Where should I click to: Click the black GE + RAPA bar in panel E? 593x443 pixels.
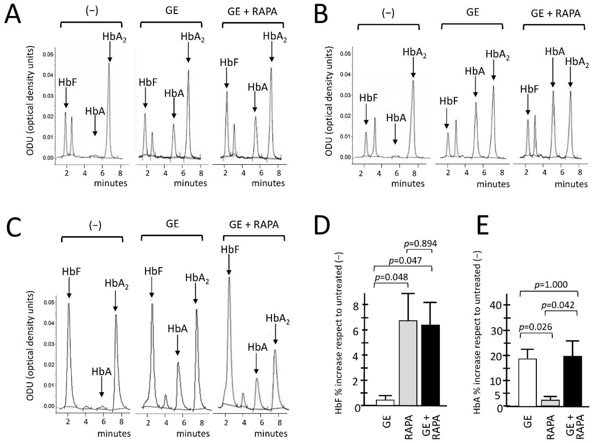pyautogui.click(x=573, y=381)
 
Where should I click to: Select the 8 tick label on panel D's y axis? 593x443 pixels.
pyautogui.click(x=356, y=305)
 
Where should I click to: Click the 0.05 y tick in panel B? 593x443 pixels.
pyautogui.click(x=345, y=54)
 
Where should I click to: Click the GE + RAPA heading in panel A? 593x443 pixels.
pyautogui.click(x=252, y=12)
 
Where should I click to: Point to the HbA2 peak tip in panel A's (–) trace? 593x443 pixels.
pyautogui.click(x=109, y=63)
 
